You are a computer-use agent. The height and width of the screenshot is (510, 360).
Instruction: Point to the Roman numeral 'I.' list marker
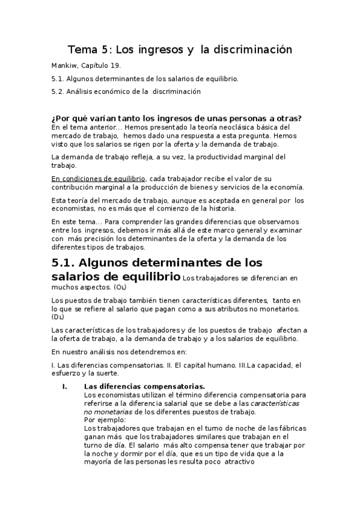click(65, 386)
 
